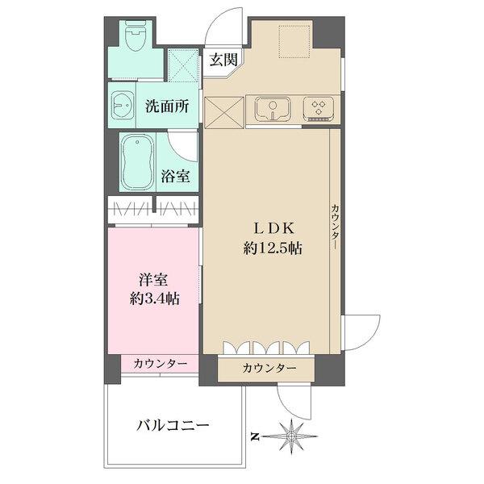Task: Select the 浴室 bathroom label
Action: [175, 175]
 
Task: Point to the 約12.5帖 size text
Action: [273, 249]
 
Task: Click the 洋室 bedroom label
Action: [152, 281]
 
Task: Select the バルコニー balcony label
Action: [173, 423]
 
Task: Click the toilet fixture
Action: [135, 35]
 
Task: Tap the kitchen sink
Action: [273, 108]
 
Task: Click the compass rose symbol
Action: [291, 437]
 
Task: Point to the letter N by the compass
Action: [254, 437]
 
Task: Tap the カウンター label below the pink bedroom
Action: [161, 365]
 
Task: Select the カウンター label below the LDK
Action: [268, 369]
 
